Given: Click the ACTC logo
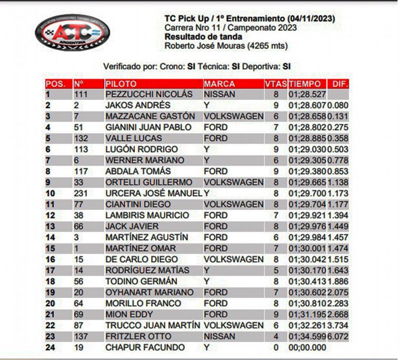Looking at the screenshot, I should click(x=72, y=31).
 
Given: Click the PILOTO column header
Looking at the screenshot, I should click(x=121, y=84).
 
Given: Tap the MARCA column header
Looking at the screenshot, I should click(x=219, y=84).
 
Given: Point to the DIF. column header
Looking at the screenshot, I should click(x=338, y=84).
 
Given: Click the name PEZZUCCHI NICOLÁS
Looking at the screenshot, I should click(x=149, y=94).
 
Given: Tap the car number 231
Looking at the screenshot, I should click(x=81, y=193).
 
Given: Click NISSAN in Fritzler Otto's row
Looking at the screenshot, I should click(x=219, y=336).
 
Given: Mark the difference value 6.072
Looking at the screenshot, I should click(x=338, y=336).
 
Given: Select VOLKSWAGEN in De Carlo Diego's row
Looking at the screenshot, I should click(x=234, y=259).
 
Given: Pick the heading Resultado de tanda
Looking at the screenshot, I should click(x=203, y=37).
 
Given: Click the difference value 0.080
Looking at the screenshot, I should click(x=338, y=105).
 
